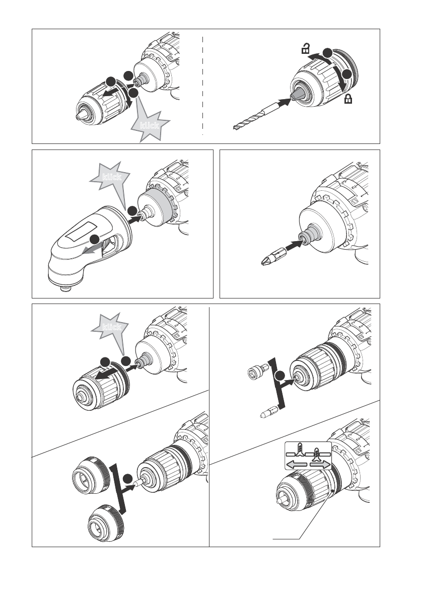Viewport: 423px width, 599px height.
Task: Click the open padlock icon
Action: coord(306,49)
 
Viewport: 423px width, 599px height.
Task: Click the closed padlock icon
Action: coord(348,100)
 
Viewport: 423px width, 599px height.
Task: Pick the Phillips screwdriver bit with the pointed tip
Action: coord(273,257)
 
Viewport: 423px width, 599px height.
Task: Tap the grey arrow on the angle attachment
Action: coord(93,248)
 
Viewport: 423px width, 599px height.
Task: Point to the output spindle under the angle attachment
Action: coord(66,288)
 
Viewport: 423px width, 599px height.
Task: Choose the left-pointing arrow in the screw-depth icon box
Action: coord(297,465)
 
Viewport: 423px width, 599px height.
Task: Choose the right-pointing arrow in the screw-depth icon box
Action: coord(320,465)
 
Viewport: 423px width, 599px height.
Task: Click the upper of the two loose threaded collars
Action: coord(91,475)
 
